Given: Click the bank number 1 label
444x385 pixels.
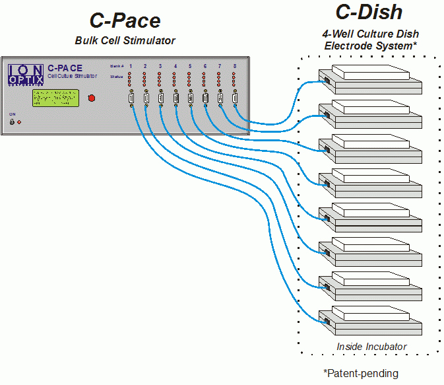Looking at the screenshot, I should (x=131, y=67).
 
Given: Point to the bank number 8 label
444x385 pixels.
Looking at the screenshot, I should (x=234, y=67).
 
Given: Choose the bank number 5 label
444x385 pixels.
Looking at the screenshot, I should (x=190, y=67).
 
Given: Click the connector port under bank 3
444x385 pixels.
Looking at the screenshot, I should (x=160, y=99).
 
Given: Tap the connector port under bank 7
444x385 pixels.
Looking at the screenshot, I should (x=220, y=99).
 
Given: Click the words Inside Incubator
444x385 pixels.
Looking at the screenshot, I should (x=371, y=347).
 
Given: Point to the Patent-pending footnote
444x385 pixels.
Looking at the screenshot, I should (x=361, y=374).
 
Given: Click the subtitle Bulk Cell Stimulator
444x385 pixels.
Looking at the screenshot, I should (x=125, y=41).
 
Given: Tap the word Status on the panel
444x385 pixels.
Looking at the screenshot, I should (x=116, y=77).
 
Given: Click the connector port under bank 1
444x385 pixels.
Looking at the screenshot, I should (x=131, y=99).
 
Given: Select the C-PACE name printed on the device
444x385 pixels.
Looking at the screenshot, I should (x=65, y=67).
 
